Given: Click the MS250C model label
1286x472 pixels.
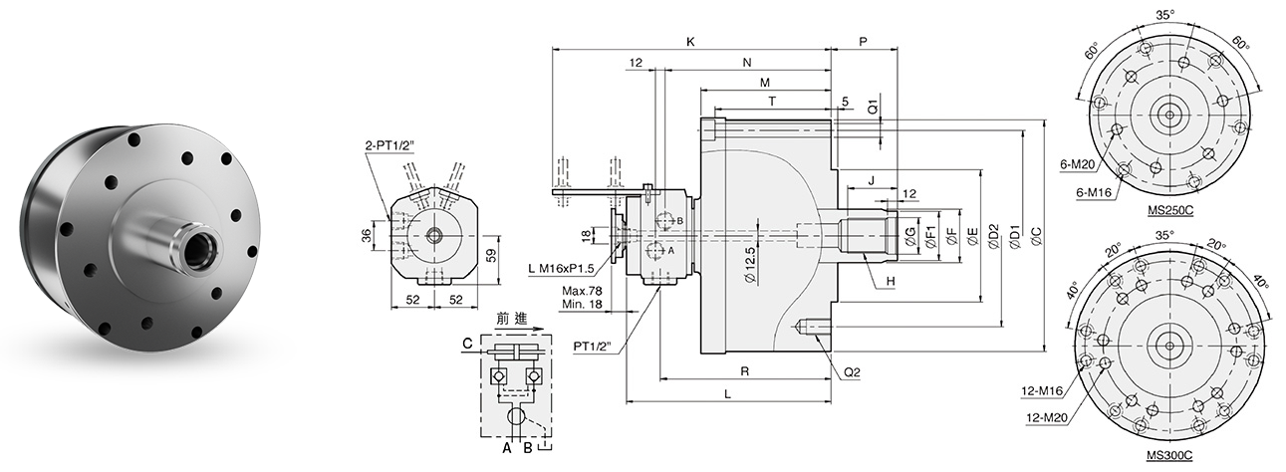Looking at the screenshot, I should pos(1170,212).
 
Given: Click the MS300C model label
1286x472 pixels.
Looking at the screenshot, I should pos(1169,455).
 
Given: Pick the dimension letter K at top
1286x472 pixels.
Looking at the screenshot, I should pos(690,42).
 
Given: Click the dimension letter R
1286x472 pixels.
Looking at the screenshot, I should pos(744,370).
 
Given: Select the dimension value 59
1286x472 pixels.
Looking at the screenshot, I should pos(488,254).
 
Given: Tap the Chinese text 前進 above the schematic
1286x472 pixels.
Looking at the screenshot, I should pos(512,319).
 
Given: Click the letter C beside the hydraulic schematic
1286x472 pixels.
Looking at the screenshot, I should pos(466,344).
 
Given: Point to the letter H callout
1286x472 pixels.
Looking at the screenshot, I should pos(891,282).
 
